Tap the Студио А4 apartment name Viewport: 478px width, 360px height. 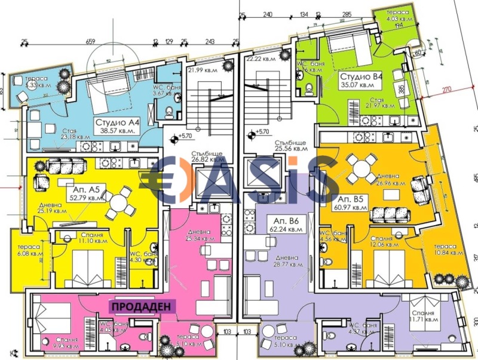pos(117,122)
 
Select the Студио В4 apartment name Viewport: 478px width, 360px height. pos(362,77)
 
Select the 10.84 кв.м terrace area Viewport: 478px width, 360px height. pos(449,254)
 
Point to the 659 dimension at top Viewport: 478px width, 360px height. pos(91,42)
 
